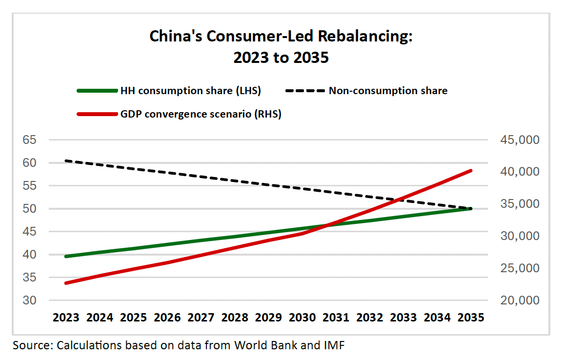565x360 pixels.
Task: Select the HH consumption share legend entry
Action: [x=190, y=91]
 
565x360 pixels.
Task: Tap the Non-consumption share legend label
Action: [x=388, y=91]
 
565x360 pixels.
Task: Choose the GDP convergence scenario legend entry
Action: [x=201, y=115]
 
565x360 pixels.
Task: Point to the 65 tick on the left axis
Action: [x=29, y=140]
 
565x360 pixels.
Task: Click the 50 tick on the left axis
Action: [x=29, y=209]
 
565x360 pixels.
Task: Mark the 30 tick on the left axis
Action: [x=29, y=300]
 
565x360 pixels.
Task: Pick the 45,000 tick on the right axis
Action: [x=520, y=140]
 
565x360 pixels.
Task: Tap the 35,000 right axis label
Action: [x=520, y=204]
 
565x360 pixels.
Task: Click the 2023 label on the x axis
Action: [x=66, y=318]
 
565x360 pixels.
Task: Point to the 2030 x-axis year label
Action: [x=302, y=318]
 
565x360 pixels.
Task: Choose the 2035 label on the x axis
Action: [x=471, y=318]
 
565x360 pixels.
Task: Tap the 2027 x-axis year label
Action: [x=201, y=318]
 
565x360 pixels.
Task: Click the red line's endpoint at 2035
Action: [x=471, y=170]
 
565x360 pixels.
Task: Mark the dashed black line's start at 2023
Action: [x=66, y=160]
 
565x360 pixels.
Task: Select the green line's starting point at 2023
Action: [x=66, y=256]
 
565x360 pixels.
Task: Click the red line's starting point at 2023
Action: [x=66, y=283]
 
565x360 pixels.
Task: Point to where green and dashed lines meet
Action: [x=470, y=209]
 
